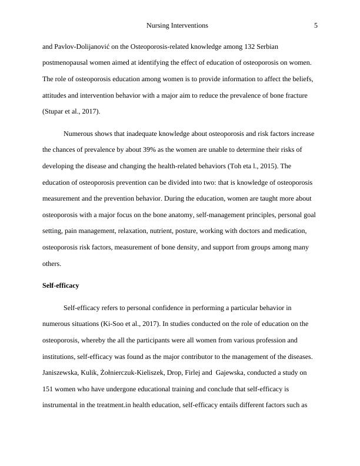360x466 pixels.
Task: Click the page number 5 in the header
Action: tap(316, 26)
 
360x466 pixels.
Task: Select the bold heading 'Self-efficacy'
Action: tap(61, 285)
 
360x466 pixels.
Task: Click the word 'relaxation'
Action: tap(150, 231)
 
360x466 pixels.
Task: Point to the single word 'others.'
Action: tap(52, 264)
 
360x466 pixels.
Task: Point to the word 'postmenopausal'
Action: tap(66, 62)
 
